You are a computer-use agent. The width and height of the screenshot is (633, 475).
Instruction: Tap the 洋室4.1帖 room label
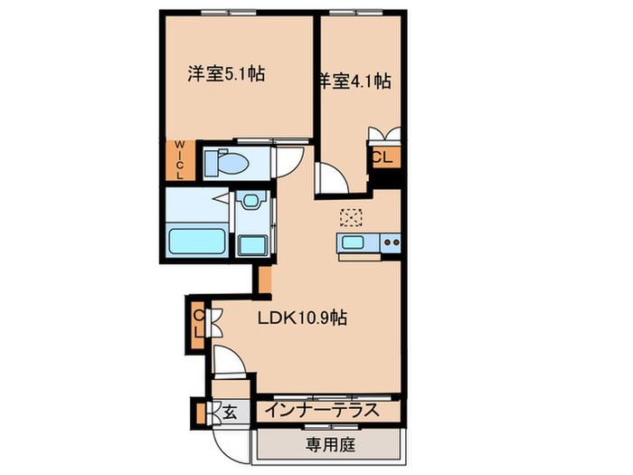(354, 81)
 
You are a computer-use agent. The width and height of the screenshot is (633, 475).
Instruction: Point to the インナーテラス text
(320, 412)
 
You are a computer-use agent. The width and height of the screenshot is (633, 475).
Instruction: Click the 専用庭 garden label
(327, 444)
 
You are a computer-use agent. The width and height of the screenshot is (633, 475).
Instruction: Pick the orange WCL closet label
(178, 159)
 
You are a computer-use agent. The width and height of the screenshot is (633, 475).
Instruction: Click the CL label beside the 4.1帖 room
(383, 156)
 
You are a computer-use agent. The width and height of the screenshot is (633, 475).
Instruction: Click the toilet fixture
(226, 162)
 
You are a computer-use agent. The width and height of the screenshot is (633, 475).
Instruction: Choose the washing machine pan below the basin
(250, 244)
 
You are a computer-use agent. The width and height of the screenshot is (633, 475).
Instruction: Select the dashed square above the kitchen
(350, 217)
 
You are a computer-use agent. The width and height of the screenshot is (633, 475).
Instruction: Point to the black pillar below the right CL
(386, 179)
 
